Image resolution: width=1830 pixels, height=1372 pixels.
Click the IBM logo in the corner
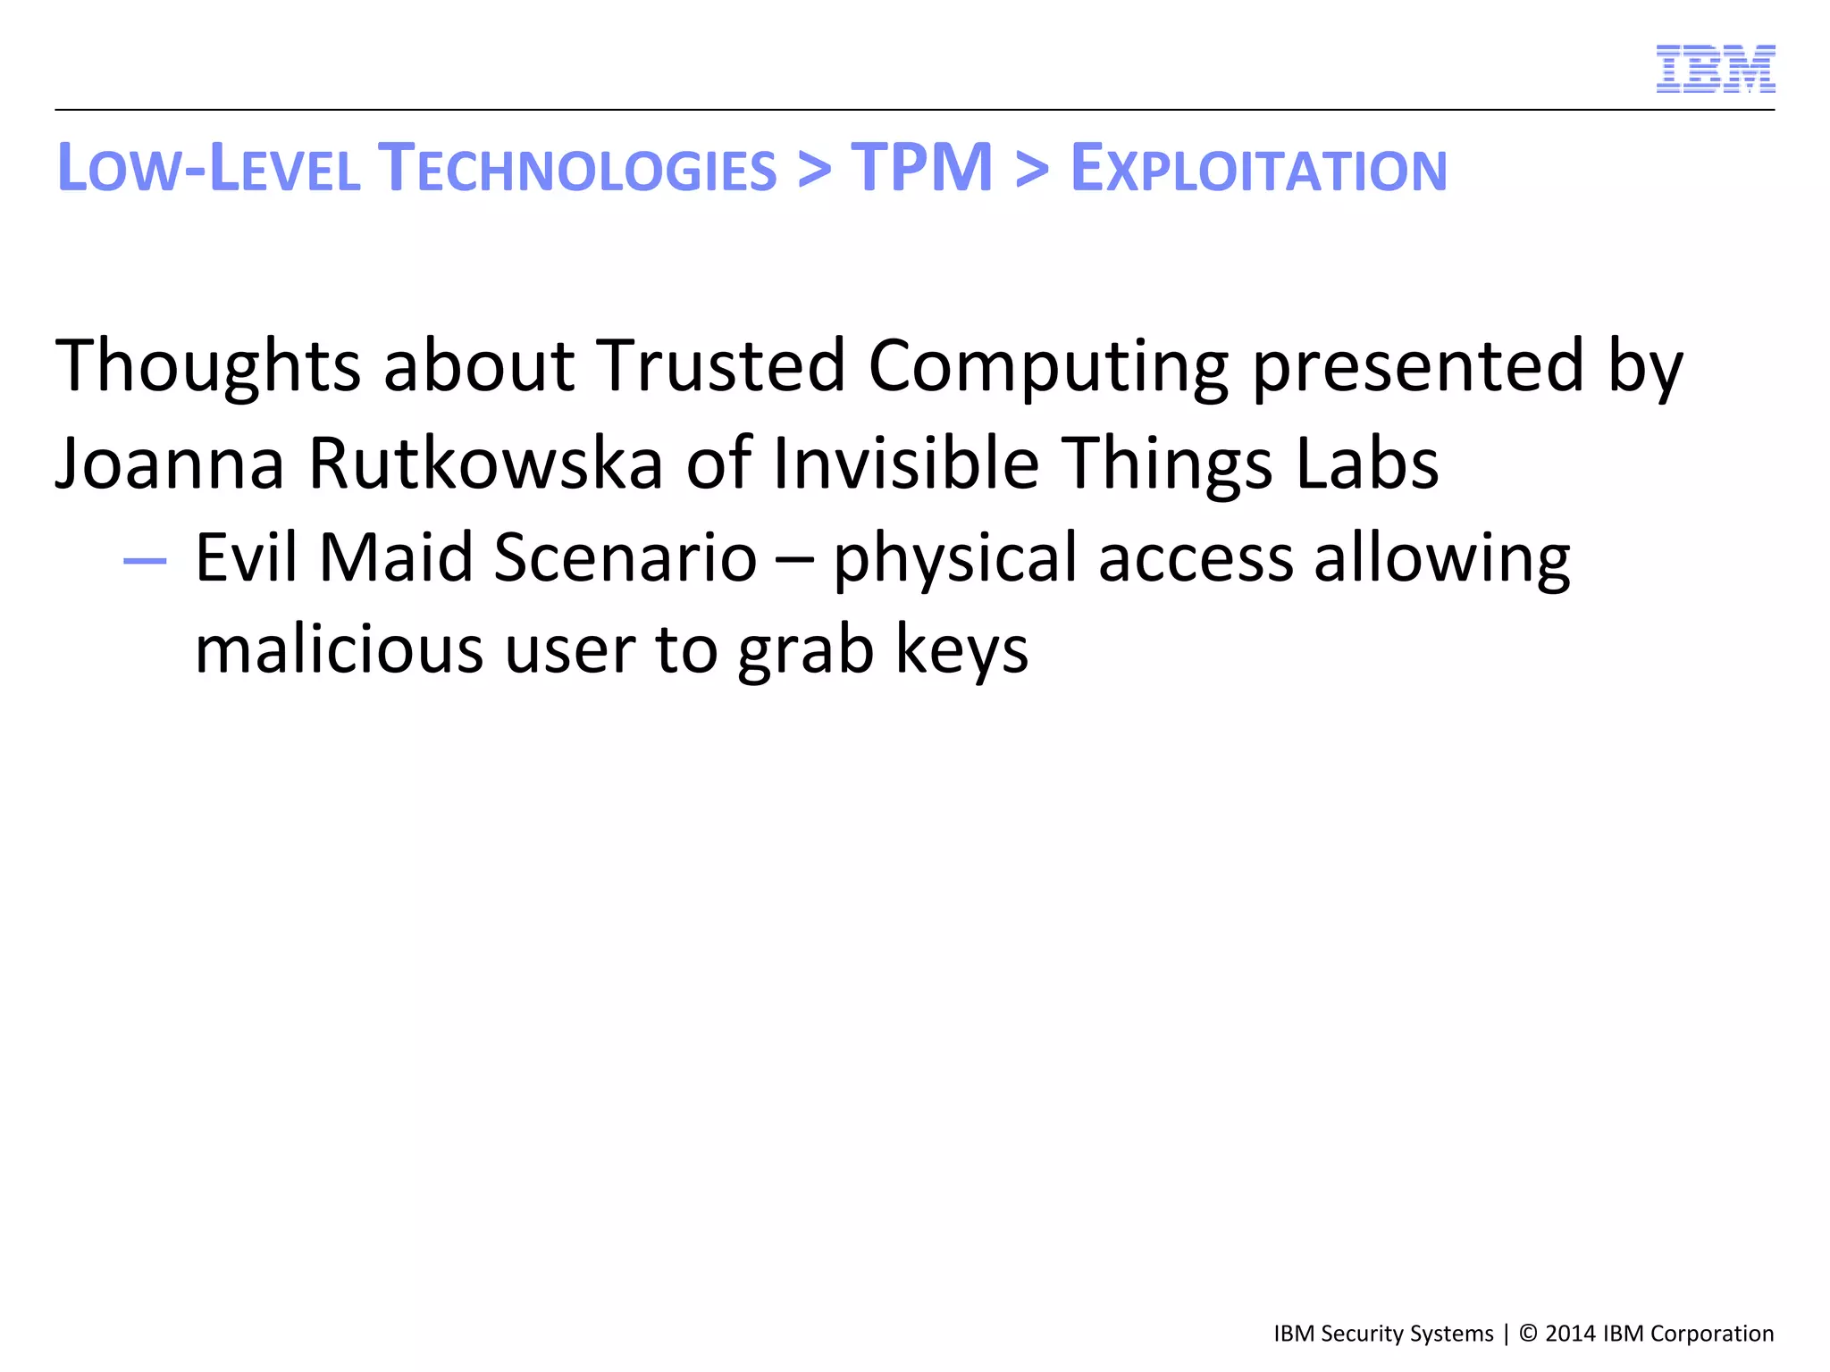coord(1715,69)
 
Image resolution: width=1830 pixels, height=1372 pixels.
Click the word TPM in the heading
coord(921,168)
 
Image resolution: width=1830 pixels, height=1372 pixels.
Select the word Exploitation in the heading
coord(1258,169)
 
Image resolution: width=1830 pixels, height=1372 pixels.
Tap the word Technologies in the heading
coord(577,169)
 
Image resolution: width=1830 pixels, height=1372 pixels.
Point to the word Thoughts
coord(208,365)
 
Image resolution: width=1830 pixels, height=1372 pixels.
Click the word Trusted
coord(721,365)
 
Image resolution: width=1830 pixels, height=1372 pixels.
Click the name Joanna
coord(170,464)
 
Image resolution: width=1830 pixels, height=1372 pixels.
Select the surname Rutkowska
coord(485,464)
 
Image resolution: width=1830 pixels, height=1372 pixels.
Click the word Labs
coord(1366,464)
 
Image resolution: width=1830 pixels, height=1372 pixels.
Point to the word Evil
coord(246,557)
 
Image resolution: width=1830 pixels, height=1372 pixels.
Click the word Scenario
coord(625,557)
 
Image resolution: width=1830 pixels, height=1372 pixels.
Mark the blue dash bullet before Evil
coord(145,561)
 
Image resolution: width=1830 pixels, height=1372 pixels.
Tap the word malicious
coord(339,649)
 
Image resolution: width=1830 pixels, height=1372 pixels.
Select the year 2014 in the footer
coord(1571,1334)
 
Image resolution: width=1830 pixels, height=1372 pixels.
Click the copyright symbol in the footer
coord(1528,1334)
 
